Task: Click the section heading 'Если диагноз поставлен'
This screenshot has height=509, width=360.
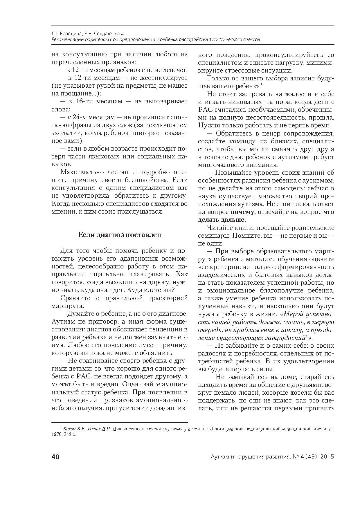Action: pos(120,235)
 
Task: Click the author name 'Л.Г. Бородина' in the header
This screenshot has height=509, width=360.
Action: pos(64,34)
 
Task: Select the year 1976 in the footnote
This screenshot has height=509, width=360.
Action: pos(57,436)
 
